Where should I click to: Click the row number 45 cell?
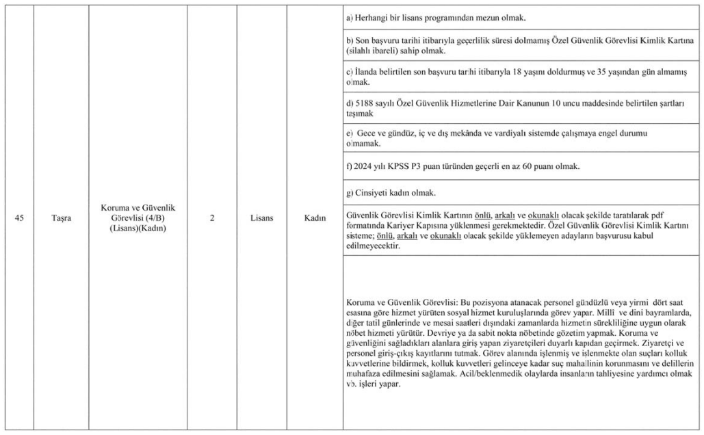pos(23,218)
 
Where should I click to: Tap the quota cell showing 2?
pos(213,218)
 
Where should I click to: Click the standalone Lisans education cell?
pos(262,218)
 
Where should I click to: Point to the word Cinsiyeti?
pos(372,192)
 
